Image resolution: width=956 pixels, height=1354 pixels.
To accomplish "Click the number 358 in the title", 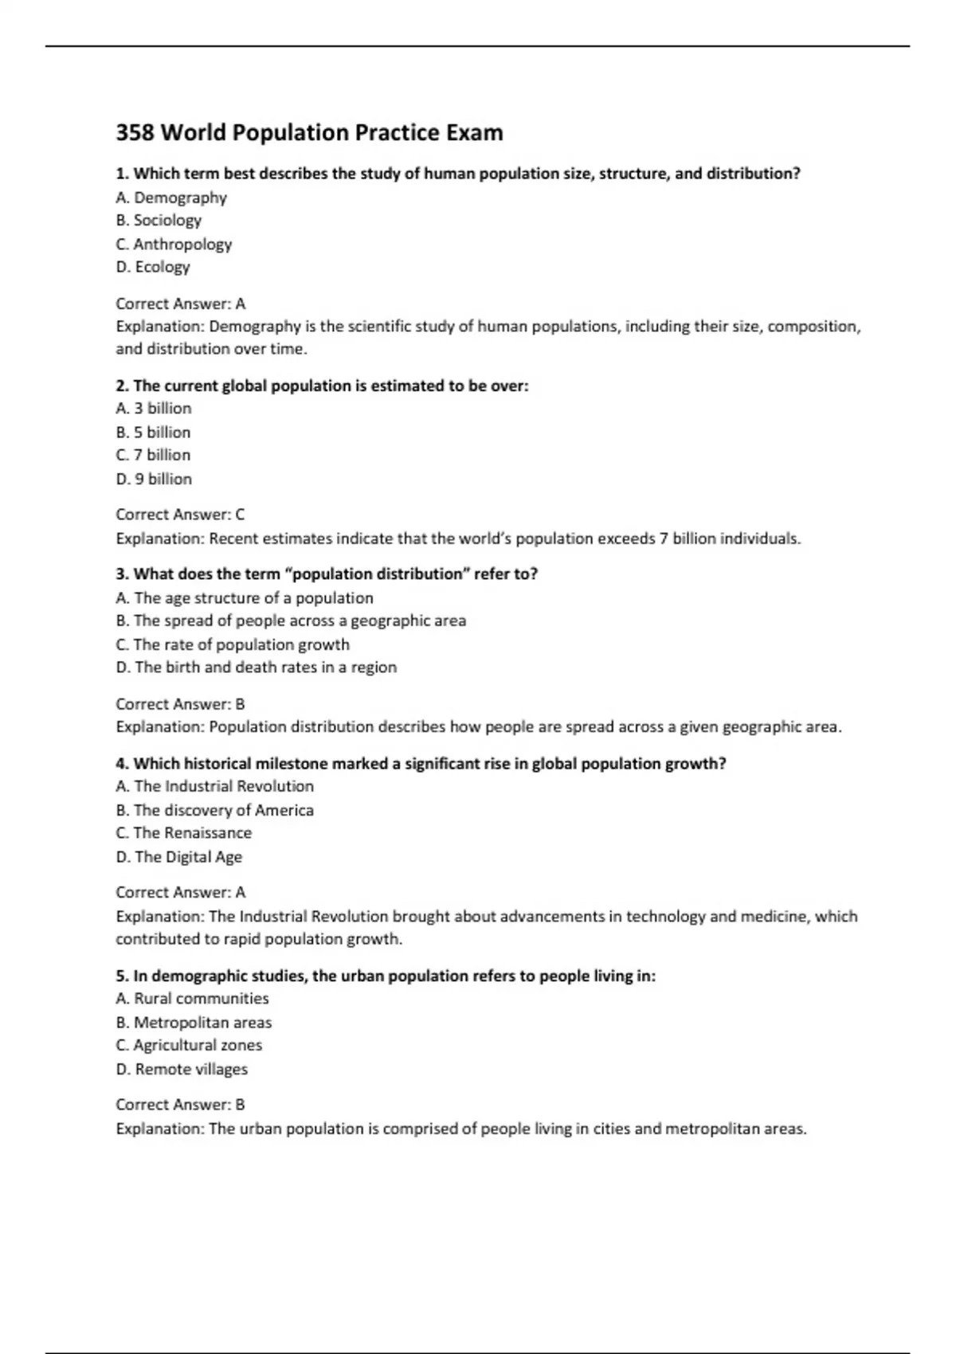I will click(x=135, y=132).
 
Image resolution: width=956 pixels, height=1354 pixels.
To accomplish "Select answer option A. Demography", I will click(x=171, y=198).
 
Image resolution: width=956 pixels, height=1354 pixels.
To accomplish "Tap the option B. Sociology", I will click(x=159, y=221).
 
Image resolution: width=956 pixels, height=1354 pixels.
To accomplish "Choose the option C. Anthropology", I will click(x=174, y=245).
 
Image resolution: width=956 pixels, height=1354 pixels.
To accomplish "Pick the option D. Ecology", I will click(x=153, y=267).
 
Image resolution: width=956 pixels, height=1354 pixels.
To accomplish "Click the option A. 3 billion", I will click(x=154, y=409).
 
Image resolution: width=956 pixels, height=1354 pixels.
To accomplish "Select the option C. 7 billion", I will click(x=153, y=455).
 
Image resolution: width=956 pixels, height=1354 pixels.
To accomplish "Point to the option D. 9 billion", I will click(x=154, y=479).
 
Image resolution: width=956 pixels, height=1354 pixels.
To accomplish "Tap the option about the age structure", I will click(x=245, y=598).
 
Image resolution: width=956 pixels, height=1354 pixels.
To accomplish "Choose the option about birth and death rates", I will click(x=256, y=667).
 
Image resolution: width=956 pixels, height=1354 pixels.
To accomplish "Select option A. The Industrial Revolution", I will click(x=215, y=786).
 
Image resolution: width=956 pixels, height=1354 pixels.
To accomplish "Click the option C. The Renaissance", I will click(x=184, y=833).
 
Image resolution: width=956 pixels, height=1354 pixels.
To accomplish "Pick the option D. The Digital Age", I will click(x=179, y=857).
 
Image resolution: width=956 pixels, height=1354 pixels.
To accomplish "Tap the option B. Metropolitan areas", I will click(x=194, y=1023).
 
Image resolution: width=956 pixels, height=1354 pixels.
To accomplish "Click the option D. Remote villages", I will click(x=182, y=1070).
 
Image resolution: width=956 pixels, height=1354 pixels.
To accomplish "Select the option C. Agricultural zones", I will click(x=189, y=1045).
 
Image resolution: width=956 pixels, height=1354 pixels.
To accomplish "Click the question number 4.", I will click(x=121, y=764).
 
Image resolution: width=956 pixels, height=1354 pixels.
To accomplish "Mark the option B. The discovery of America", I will click(x=214, y=810).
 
